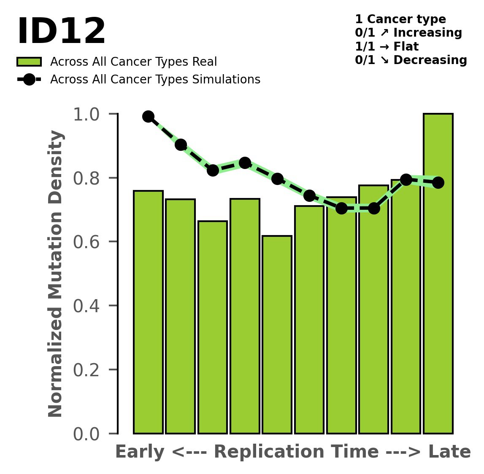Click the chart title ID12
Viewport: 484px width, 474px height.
tap(61, 32)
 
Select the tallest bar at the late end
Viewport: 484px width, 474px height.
tap(438, 274)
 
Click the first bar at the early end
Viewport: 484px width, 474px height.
tap(148, 312)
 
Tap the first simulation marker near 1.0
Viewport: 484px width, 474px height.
tap(148, 117)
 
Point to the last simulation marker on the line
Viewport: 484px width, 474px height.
tap(438, 182)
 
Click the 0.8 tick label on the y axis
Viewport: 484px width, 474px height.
tap(87, 178)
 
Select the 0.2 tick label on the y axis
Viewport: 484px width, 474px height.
tap(87, 370)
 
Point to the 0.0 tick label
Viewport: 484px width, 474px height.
tap(87, 434)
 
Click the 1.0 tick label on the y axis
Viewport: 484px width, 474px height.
tap(87, 114)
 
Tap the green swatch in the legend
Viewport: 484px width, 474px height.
tap(29, 62)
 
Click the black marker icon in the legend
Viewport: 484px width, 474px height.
tap(29, 80)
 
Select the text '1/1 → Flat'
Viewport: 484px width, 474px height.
tap(387, 46)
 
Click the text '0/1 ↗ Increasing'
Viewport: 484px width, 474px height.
tap(408, 33)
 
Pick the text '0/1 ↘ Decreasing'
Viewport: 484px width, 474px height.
tap(411, 60)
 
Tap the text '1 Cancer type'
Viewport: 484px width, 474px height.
tap(400, 19)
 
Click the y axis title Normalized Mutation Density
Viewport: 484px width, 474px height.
tap(56, 274)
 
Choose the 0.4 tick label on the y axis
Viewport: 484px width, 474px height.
tap(87, 306)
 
